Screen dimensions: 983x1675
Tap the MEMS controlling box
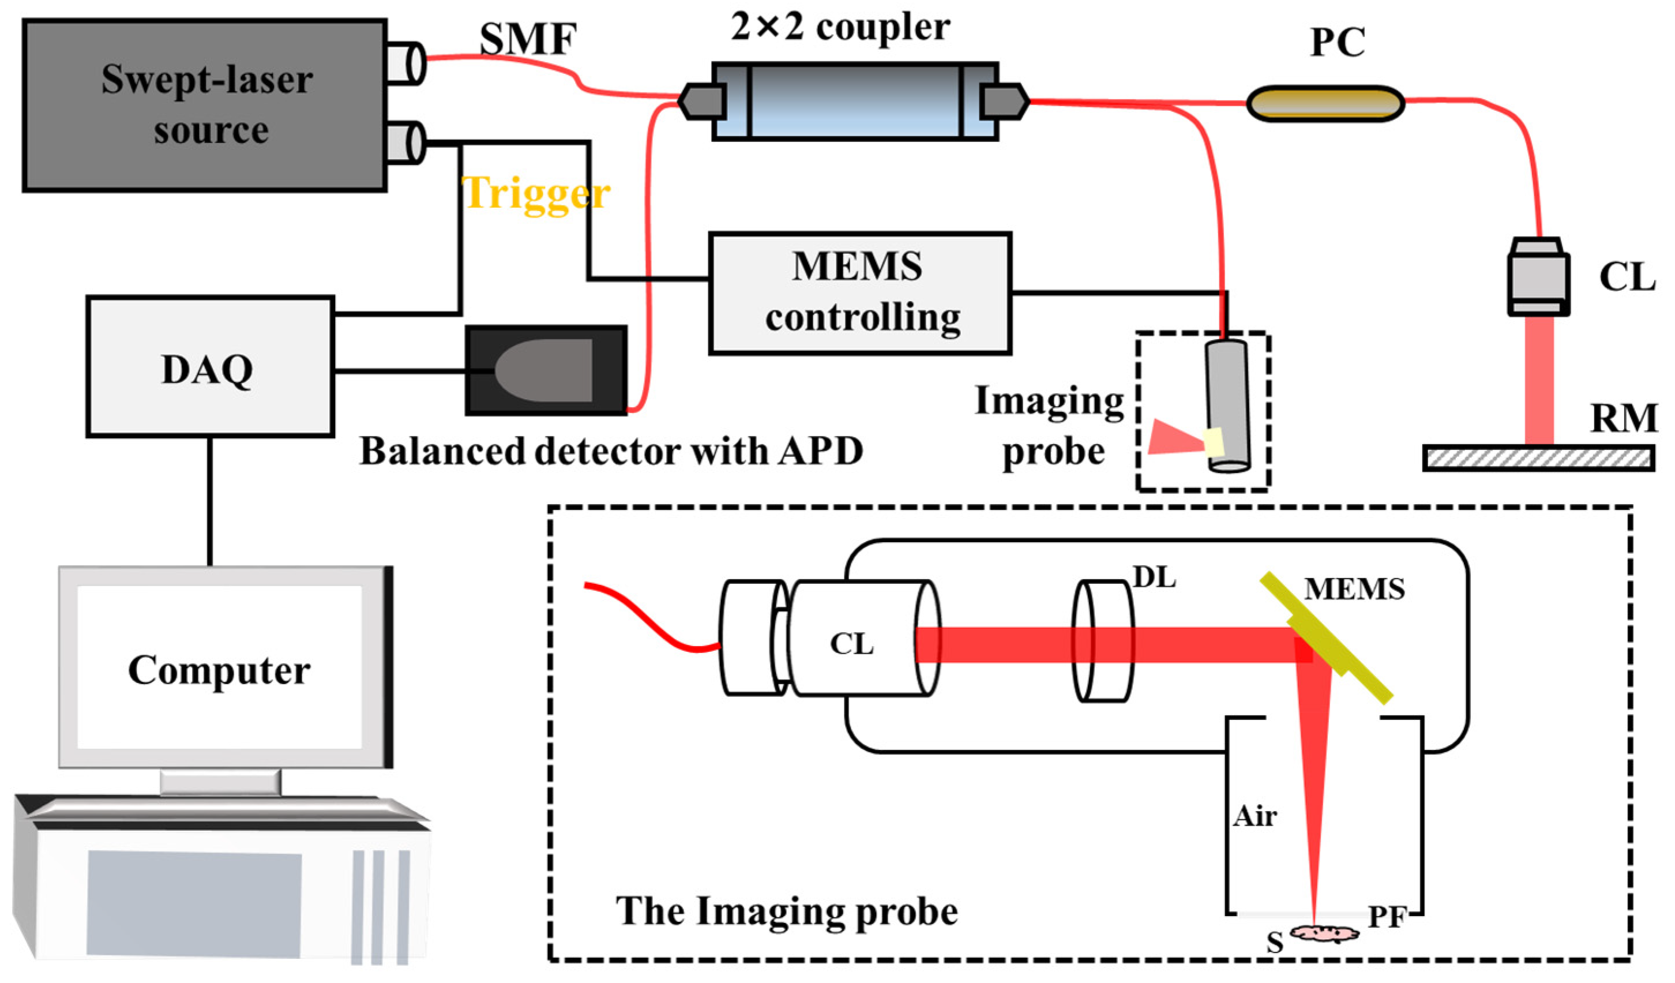click(860, 293)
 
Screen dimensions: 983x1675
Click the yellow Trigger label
click(536, 193)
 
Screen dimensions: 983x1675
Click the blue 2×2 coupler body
click(855, 101)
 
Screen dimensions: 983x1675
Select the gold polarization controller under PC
click(1325, 104)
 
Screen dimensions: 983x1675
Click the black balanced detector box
click(546, 370)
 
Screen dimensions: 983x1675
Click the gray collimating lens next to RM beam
click(1538, 278)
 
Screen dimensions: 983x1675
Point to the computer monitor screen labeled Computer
click(219, 668)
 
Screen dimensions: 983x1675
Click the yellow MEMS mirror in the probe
click(1325, 638)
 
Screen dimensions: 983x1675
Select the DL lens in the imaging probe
click(1103, 641)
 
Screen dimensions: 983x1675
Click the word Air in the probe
click(1255, 816)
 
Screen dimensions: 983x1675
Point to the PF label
click(1387, 918)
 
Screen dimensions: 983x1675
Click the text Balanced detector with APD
click(611, 451)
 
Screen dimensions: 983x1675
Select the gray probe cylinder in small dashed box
click(1227, 406)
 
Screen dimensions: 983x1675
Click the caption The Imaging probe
click(786, 911)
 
